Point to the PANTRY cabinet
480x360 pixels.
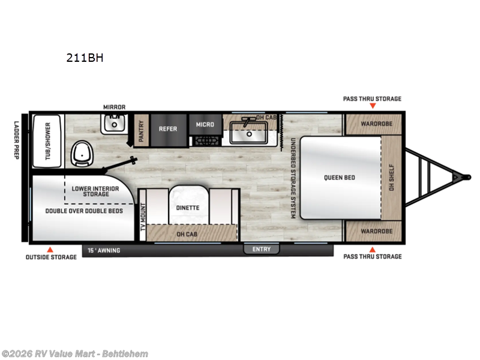coord(141,128)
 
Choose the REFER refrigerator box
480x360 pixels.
coord(168,128)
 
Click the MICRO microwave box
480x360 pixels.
coord(205,124)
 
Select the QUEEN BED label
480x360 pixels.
coord(340,178)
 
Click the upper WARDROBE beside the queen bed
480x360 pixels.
coord(376,124)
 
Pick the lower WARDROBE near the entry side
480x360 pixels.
coord(376,231)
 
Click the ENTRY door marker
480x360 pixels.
coord(262,249)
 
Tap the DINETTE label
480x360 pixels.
coord(187,208)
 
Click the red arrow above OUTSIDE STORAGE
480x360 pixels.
coord(50,249)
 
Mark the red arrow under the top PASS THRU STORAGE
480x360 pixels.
coord(372,106)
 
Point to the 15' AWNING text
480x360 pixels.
coord(103,250)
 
